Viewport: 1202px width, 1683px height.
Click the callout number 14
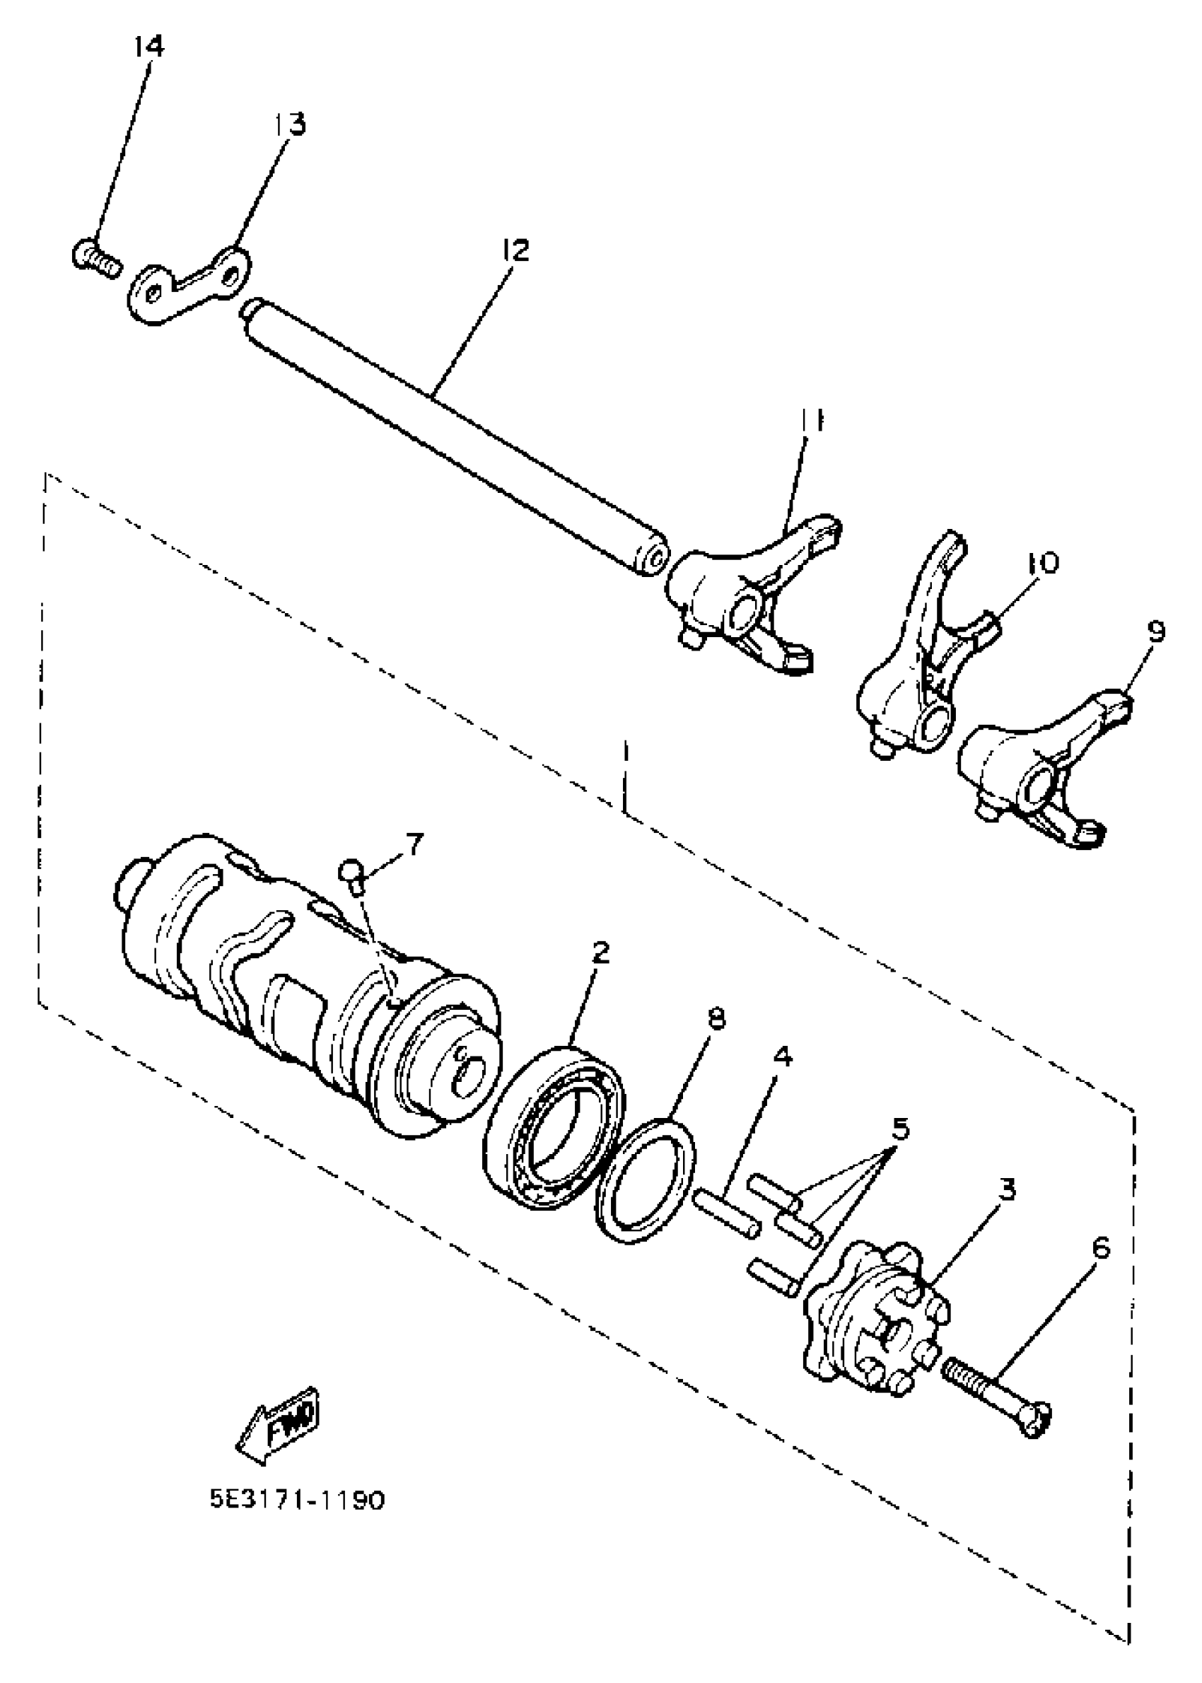148,46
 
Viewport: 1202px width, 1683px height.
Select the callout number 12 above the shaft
515,251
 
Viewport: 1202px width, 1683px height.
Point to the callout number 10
1042,561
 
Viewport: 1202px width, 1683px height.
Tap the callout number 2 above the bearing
600,952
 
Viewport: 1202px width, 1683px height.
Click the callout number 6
1101,1249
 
